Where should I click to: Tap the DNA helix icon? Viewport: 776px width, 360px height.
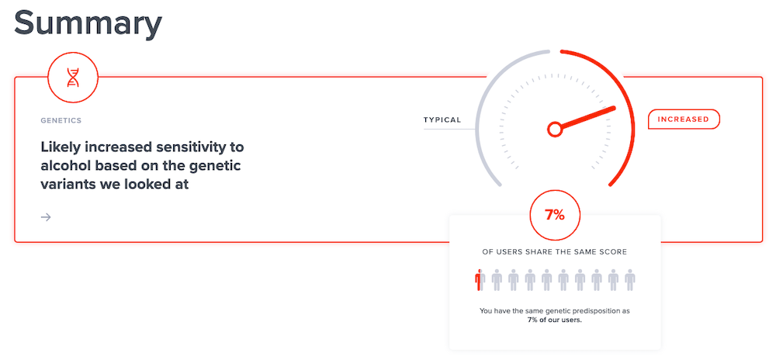73,77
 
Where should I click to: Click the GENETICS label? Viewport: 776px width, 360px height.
61,120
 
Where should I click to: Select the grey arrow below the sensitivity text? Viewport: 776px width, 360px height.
46,217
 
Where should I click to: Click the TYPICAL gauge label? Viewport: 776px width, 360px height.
442,119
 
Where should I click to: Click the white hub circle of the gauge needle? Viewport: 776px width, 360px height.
555,130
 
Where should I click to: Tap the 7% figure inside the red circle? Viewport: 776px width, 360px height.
554,215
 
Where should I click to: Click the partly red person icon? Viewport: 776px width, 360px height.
479,280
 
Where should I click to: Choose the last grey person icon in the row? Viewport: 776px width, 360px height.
629,280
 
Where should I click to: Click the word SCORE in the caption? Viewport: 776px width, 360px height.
614,252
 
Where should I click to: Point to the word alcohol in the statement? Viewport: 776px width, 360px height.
64,166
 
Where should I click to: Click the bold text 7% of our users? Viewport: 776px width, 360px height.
554,320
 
